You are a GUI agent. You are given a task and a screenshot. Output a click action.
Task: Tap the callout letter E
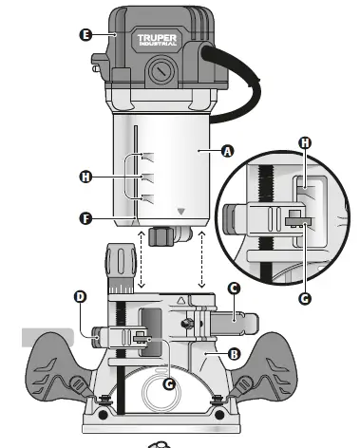tap(85, 34)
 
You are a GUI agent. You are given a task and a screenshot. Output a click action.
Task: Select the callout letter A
tap(226, 150)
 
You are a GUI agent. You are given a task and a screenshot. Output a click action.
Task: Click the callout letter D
tap(80, 297)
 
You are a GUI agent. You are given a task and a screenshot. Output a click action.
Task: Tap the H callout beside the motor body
tap(86, 177)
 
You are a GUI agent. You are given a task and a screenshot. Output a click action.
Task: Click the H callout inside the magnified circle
tap(305, 142)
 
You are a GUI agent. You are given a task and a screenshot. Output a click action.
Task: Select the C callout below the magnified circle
tap(305, 297)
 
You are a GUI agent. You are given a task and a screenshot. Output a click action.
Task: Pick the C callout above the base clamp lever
tap(233, 287)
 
